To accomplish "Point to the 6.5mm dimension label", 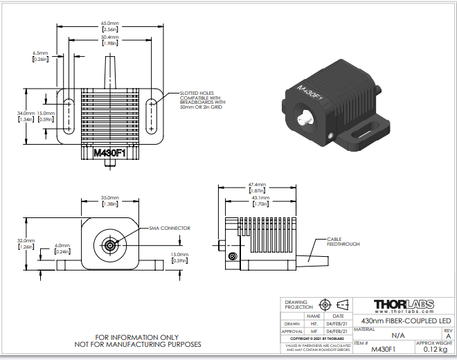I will (39, 55).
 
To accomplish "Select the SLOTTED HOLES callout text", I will (201, 100).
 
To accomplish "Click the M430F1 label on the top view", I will (109, 152).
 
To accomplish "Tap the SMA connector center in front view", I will (109, 244).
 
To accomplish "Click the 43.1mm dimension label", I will (261, 201).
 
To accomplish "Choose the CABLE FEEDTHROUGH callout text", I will (344, 242).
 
